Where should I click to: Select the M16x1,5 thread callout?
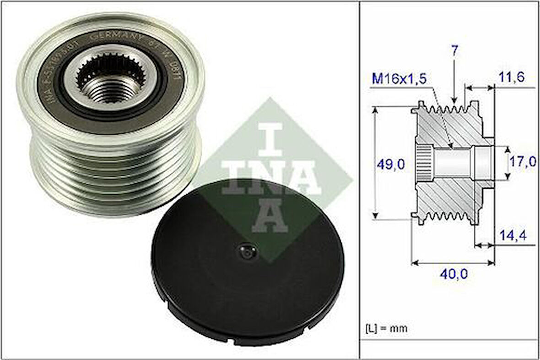pos(399,79)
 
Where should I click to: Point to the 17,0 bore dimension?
pos(524,161)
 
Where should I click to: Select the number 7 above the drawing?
pos(454,51)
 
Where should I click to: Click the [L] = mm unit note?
pos(386,328)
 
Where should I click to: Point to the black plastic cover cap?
pos(247,270)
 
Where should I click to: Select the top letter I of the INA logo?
pos(271,138)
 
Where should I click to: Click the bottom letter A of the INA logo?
pos(270,216)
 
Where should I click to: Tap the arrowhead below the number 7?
pos(454,100)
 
